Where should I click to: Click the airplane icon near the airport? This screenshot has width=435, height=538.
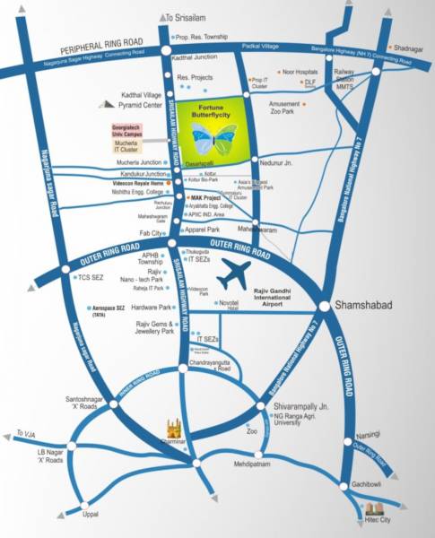[x=236, y=273]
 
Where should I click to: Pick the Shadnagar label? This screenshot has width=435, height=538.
[x=409, y=49]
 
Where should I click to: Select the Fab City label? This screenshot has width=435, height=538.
[x=152, y=232]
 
